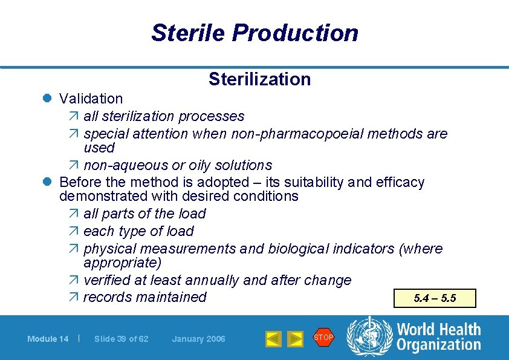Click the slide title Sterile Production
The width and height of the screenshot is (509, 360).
pos(254,33)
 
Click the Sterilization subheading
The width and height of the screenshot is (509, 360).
pos(259,79)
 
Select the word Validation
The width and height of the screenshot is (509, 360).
pos(91,98)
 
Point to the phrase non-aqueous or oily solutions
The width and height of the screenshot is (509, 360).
pos(178,165)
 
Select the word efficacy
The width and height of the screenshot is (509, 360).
pos(400,182)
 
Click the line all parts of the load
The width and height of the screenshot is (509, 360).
pos(144,214)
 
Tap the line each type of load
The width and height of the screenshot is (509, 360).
pos(138,231)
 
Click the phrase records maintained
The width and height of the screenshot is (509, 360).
pos(144,297)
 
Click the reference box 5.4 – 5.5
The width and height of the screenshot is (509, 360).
pos(435,298)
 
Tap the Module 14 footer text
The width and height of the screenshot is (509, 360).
pos(48,339)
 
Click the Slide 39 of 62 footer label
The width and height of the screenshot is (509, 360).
pos(122,339)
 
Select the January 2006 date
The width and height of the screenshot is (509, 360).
pos(198,339)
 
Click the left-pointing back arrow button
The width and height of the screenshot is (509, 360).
pos(273,339)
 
